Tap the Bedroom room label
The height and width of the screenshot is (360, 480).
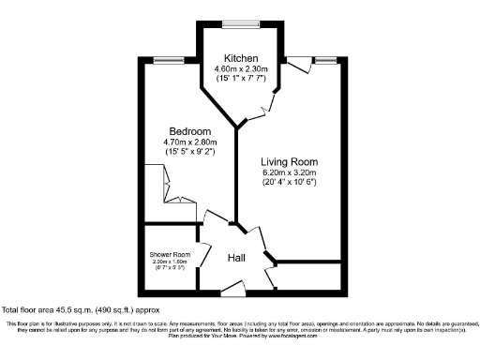coord(189,130)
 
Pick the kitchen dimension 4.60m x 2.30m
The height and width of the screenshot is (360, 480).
coord(241,69)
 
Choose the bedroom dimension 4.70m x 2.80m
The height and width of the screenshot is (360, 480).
coord(189,142)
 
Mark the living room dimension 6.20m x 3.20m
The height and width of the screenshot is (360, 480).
coord(291,172)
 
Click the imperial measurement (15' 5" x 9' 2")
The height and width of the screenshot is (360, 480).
coord(189,151)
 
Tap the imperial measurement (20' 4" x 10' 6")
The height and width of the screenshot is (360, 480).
coord(291,183)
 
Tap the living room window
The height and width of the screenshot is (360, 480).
coord(324,61)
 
